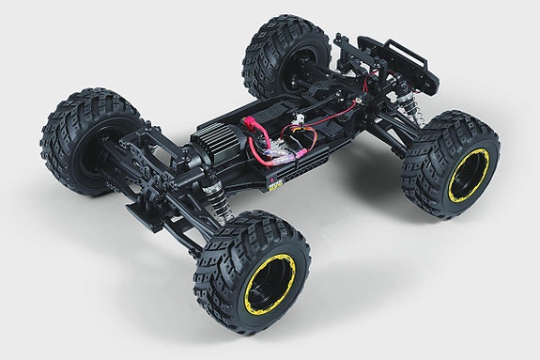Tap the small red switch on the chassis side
click(275, 176)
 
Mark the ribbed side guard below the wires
click(301, 173)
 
